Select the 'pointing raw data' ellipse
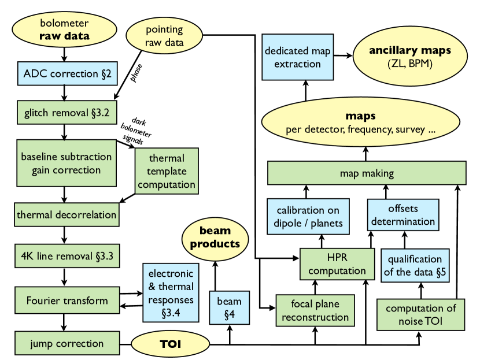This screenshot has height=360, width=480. (x=164, y=36)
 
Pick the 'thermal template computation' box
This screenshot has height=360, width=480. (x=167, y=171)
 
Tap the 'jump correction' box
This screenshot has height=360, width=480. (x=68, y=343)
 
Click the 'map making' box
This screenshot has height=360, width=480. (x=366, y=173)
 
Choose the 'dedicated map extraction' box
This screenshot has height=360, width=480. (x=298, y=57)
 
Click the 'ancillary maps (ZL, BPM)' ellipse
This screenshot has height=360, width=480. (x=410, y=57)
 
